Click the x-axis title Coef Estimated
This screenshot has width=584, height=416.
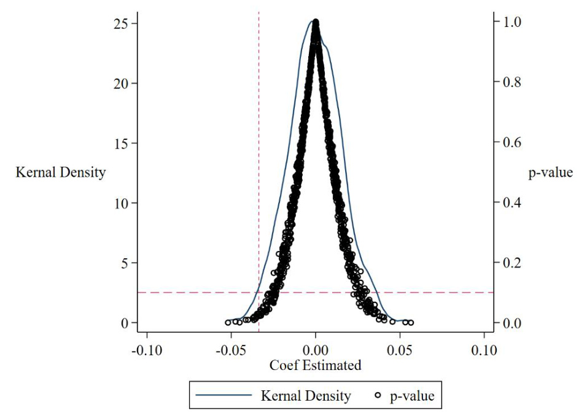coord(316,366)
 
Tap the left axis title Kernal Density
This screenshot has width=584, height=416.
coord(61,173)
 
